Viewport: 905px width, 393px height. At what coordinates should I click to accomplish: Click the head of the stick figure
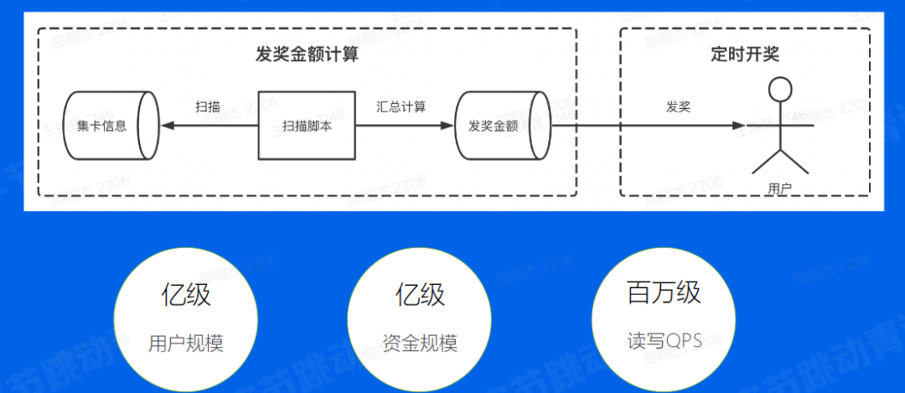click(781, 89)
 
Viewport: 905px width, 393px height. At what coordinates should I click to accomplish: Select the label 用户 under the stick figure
click(780, 189)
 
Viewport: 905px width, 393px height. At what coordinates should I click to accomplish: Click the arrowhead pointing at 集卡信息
click(168, 126)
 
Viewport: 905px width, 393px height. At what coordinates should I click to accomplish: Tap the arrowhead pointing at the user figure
click(740, 126)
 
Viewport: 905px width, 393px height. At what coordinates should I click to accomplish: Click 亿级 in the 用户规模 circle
click(186, 295)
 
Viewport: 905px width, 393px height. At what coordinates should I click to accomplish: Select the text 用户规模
click(186, 344)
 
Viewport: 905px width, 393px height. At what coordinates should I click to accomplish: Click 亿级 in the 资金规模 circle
click(420, 295)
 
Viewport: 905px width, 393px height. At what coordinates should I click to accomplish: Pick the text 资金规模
click(420, 344)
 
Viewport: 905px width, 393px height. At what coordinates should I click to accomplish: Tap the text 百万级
click(664, 293)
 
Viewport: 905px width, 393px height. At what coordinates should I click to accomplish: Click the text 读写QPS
click(665, 342)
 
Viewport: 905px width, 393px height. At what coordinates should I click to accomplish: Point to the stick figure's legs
click(781, 163)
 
